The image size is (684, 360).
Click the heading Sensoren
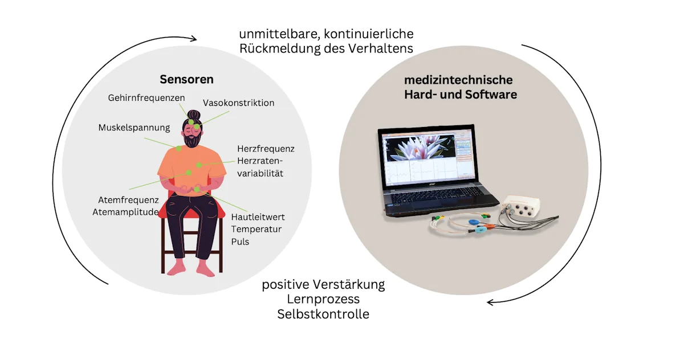186,79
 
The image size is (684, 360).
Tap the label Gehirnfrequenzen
146,98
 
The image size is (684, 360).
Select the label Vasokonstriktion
238,103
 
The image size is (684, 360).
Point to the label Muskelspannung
134,128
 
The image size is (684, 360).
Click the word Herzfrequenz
266,149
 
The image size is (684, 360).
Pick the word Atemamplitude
125,212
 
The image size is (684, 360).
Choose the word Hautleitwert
258,217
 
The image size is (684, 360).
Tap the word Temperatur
256,229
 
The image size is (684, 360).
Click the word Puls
240,242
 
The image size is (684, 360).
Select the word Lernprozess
323,299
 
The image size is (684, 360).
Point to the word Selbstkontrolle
323,314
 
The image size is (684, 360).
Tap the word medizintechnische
458,80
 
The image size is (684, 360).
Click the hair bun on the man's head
194,115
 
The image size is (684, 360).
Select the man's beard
193,141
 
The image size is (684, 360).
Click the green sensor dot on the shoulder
178,148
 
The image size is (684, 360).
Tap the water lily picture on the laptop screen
420,149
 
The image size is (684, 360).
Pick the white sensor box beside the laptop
520,207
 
